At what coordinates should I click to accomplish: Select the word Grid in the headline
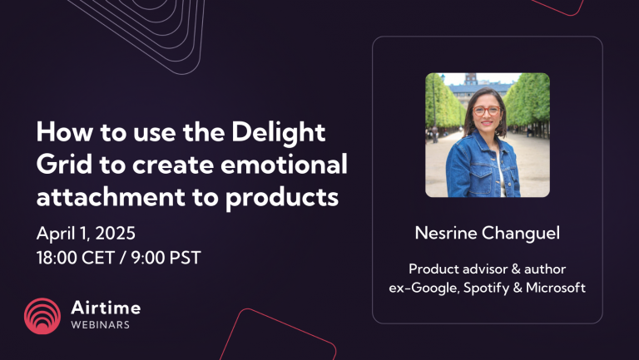(61, 165)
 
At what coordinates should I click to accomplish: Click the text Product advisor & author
(487, 269)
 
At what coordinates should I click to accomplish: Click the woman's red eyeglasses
(487, 110)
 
